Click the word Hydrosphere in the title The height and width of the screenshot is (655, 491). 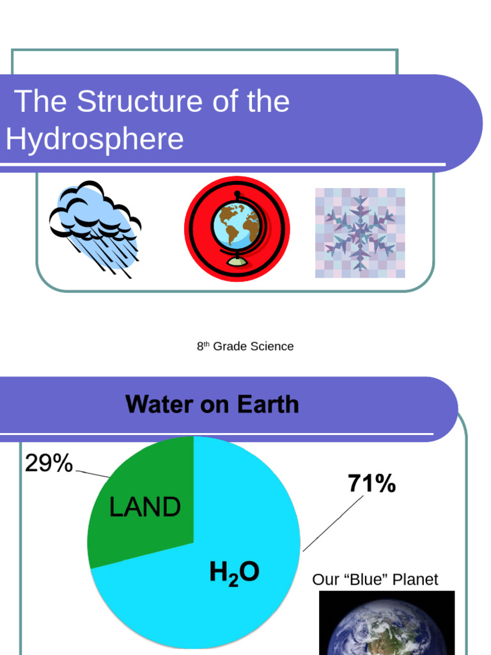point(95,139)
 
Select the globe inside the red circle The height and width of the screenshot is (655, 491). point(237,226)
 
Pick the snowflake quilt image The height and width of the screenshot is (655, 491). point(360,233)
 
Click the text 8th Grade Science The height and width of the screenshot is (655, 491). point(245,346)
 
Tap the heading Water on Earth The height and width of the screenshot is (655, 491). point(212,404)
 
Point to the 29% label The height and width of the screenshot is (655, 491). point(49,464)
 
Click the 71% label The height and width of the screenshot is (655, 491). point(371,484)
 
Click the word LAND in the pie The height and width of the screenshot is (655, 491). point(145,508)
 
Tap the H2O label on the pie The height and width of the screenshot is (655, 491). point(234,572)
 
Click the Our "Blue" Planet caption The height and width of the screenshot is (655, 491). point(375,580)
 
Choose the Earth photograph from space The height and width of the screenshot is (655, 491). point(386,624)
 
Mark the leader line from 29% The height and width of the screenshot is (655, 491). point(93,474)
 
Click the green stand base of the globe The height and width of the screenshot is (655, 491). point(237,262)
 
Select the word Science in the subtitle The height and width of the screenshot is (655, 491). point(272,346)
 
